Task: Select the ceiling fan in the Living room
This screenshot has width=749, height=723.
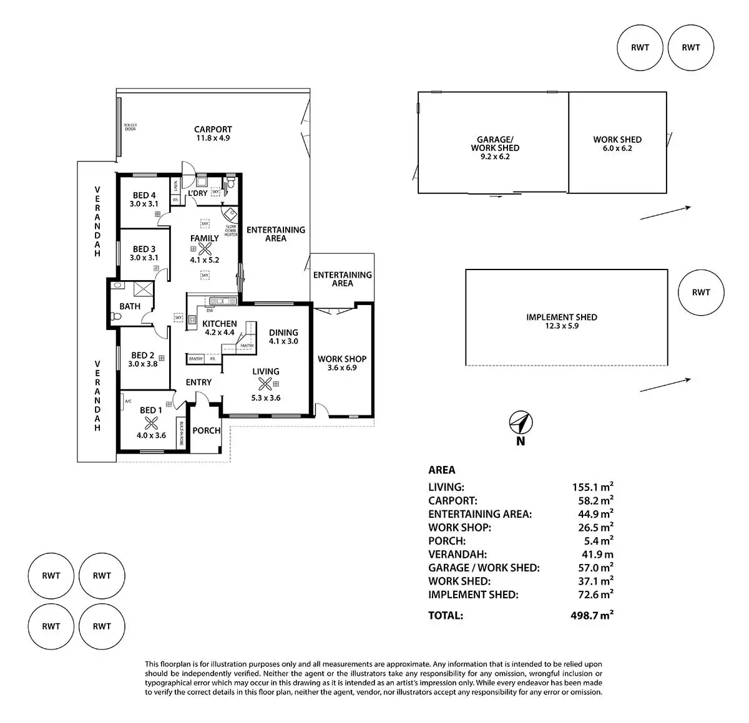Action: point(266,384)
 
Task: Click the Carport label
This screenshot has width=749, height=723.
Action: point(213,130)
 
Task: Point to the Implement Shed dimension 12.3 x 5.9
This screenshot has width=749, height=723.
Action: point(561,326)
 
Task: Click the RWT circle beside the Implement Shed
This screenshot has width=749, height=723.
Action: point(701,292)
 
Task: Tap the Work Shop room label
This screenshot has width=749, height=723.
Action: point(342,359)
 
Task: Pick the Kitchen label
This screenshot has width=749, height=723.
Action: point(220,324)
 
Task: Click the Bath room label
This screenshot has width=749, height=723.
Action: point(130,306)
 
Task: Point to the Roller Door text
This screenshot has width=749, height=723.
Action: point(130,127)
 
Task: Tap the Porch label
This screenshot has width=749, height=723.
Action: point(206,430)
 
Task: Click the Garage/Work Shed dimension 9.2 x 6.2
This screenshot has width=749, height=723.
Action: point(495,157)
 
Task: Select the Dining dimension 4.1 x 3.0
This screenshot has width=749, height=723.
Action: point(283,341)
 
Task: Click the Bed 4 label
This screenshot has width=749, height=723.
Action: point(144,196)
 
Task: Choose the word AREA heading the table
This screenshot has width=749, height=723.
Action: point(442,470)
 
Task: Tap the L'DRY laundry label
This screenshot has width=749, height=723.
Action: point(198,193)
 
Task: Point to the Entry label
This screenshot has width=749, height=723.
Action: point(198,382)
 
